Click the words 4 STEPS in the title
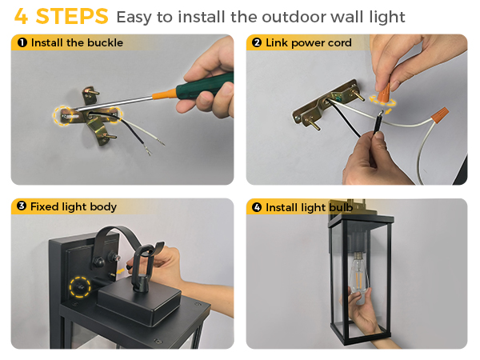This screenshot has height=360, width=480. coord(61,16)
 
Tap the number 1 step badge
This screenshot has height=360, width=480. coord(22,43)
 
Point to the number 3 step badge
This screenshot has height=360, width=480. coord(22,207)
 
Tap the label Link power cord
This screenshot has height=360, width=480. coord(308,43)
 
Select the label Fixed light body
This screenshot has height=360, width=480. coord(73,207)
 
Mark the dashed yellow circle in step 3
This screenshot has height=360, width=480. coord(79,286)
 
